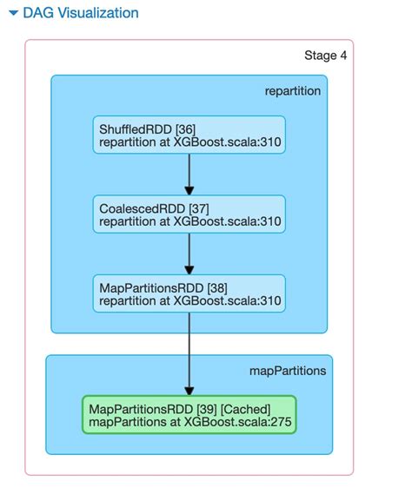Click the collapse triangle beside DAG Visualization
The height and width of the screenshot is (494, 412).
click(13, 14)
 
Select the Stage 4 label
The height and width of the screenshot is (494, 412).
click(326, 56)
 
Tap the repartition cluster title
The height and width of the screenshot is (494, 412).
click(292, 91)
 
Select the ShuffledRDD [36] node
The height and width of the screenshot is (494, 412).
click(189, 135)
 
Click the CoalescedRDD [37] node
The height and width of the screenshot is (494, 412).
click(189, 214)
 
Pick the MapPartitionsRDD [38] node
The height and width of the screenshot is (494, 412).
click(189, 294)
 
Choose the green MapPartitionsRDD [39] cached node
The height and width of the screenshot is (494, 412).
click(189, 415)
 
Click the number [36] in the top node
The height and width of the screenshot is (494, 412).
click(185, 128)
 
